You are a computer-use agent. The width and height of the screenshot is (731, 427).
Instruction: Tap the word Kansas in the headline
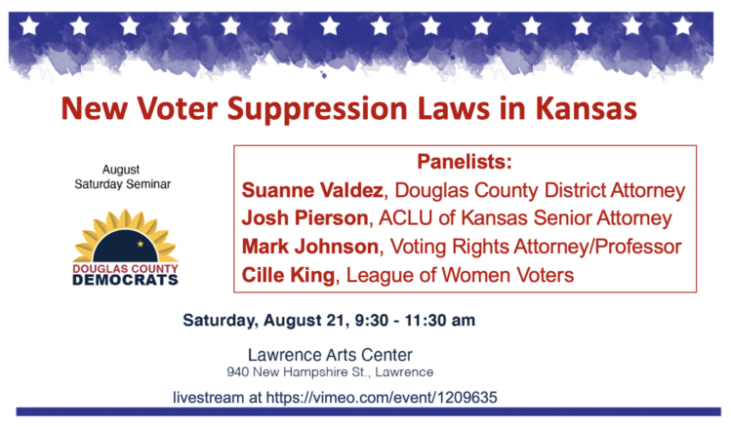tap(586, 108)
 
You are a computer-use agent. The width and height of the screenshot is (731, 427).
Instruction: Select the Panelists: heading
tap(465, 162)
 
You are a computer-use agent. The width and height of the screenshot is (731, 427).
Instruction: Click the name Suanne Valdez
tap(312, 190)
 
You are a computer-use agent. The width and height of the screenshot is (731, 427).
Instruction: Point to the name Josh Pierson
tap(305, 218)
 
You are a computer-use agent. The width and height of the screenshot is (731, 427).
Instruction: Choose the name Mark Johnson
tap(310, 247)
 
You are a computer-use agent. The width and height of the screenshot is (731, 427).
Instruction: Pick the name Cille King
tap(288, 275)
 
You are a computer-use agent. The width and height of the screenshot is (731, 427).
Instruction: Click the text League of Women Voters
tap(460, 275)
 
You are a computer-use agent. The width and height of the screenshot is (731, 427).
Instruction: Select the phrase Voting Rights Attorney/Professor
tap(536, 247)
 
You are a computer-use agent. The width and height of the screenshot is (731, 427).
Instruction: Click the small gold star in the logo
tap(141, 244)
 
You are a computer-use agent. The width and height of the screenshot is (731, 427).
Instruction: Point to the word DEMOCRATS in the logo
tap(125, 280)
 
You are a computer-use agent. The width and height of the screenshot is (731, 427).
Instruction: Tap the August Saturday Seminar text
tap(122, 177)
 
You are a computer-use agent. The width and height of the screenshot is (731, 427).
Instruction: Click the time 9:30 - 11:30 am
tap(415, 321)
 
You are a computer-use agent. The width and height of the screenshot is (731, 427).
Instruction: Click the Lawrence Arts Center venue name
tap(330, 355)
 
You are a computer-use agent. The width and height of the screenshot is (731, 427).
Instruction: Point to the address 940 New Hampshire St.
tap(299, 372)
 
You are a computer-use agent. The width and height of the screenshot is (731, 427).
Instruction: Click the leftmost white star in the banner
tap(29, 25)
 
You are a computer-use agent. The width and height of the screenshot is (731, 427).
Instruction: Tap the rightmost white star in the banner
tap(682, 25)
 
